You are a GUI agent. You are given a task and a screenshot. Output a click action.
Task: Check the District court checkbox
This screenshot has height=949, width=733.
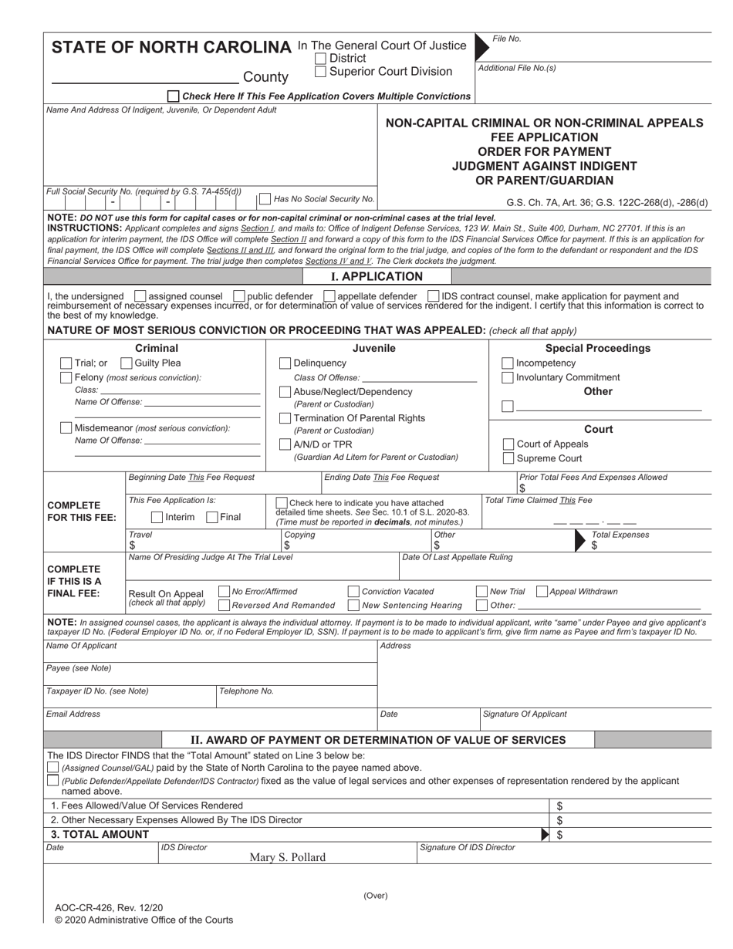(321, 59)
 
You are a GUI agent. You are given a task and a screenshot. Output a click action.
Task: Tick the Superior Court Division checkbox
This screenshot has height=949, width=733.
(321, 72)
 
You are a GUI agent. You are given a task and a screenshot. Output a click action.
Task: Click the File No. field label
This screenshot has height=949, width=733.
(506, 39)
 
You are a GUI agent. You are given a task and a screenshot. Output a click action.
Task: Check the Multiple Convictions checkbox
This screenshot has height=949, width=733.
(174, 96)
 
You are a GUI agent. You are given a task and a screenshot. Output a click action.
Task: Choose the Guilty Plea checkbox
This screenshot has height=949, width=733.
(127, 363)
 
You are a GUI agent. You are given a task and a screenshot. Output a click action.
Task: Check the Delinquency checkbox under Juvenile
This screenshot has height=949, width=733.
(285, 363)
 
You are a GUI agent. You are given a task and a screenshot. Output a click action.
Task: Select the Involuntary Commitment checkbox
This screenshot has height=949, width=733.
(508, 378)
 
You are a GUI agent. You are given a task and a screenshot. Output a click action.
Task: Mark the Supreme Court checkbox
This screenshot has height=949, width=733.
(508, 458)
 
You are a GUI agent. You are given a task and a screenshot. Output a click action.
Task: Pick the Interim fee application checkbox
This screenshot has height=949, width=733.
(157, 517)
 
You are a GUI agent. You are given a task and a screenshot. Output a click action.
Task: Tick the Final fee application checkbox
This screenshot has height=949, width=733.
(212, 517)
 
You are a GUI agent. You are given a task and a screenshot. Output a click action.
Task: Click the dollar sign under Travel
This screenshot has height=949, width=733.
(132, 545)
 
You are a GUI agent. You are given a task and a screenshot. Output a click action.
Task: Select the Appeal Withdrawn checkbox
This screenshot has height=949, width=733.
(542, 592)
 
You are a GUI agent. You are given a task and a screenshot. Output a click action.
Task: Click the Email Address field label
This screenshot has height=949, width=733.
(73, 714)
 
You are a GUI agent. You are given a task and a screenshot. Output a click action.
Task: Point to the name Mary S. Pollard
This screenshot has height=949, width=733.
(287, 857)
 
